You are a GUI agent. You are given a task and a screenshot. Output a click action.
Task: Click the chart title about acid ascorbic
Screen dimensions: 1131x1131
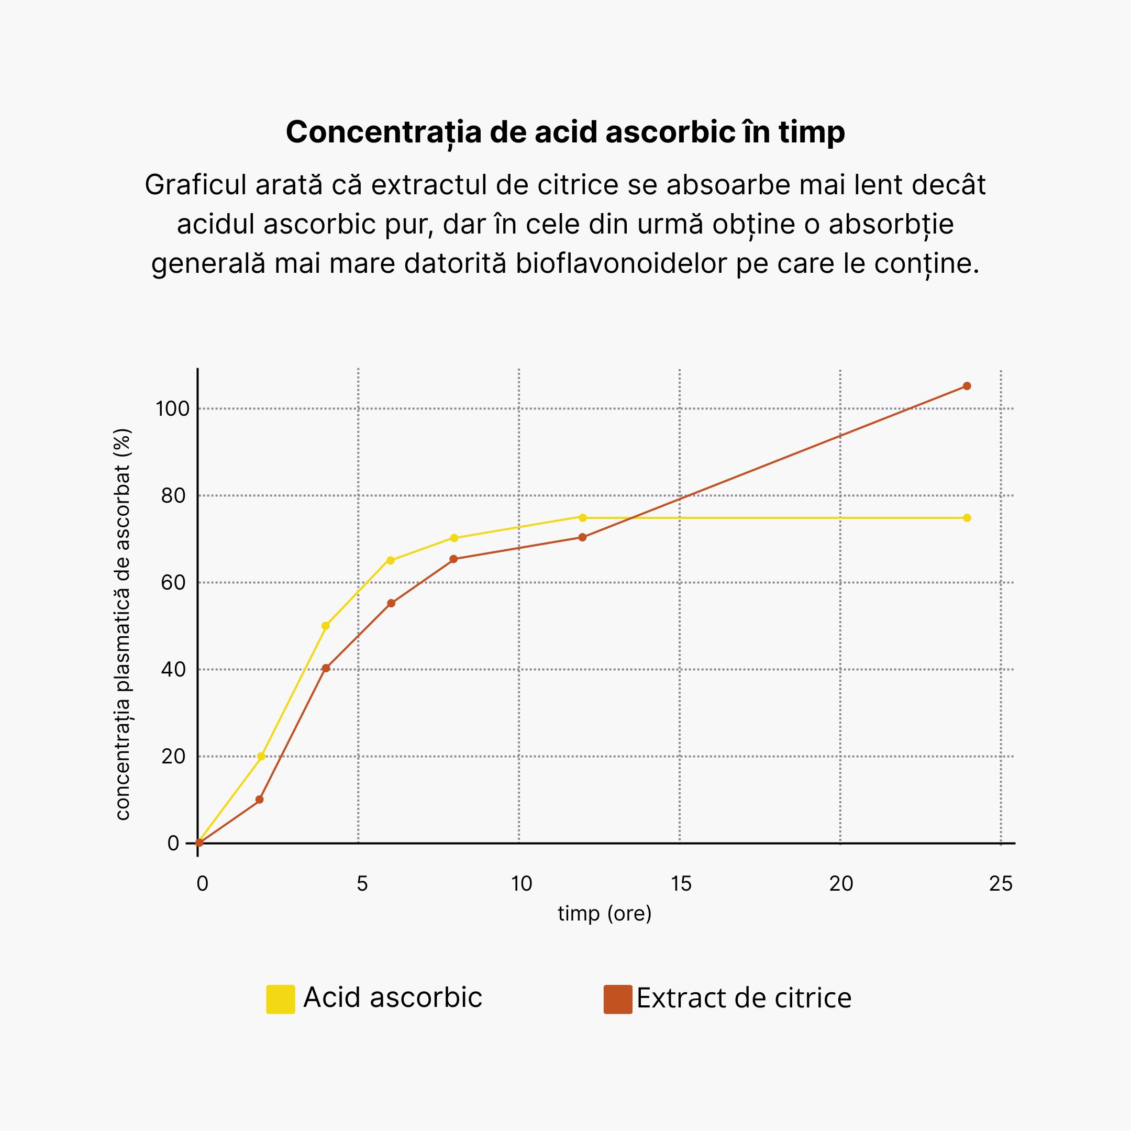coord(565,132)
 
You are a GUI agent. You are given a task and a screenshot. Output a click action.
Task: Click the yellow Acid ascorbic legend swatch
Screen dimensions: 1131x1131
coord(281,999)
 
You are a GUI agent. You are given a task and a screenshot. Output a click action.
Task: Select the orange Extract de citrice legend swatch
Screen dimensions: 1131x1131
coord(618,999)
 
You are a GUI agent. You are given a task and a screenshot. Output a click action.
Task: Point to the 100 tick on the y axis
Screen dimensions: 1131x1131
coord(172,408)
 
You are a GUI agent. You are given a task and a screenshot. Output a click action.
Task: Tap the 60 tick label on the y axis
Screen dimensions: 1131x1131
coord(173,582)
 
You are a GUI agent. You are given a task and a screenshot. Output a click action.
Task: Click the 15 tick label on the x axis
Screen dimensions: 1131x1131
coord(681,883)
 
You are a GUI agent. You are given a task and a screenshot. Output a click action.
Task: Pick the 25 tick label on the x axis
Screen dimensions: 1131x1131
coord(1001,883)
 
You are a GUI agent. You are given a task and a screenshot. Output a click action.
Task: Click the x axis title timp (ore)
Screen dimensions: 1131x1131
coord(604,913)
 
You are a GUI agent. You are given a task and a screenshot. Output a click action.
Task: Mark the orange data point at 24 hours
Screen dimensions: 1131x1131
coord(967,386)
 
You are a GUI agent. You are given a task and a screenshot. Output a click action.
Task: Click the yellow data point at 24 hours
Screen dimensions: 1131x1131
coord(967,517)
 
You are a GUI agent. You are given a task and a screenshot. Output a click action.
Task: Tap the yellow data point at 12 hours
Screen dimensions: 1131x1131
coord(582,517)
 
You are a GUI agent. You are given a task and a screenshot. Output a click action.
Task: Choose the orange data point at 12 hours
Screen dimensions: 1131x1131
coord(582,537)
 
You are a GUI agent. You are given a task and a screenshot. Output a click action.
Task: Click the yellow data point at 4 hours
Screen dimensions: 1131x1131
coord(326,626)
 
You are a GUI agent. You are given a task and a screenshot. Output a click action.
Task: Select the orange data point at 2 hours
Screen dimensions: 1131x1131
coord(260,799)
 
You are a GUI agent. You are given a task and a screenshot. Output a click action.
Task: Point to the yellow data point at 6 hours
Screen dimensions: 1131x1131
coord(391,560)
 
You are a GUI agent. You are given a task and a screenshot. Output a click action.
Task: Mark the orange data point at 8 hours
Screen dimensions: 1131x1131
coord(453,559)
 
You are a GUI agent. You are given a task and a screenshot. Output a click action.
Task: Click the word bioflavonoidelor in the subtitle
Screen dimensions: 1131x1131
coord(620,263)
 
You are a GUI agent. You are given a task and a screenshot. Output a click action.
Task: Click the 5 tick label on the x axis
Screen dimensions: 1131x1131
coord(362,883)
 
